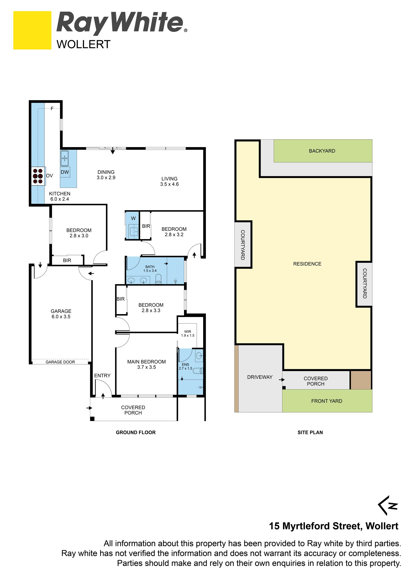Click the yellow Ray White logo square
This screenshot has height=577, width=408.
pos(32,30)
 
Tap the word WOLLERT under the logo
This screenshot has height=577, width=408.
pos(84,44)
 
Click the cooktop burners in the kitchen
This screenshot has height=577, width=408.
pos(38,176)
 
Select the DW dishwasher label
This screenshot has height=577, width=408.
pos(65,172)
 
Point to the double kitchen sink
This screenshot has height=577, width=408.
pos(65,158)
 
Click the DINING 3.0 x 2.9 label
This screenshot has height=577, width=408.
pos(106,175)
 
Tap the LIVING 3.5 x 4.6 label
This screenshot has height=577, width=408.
pos(170,181)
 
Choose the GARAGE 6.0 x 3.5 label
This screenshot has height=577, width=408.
pos(61,314)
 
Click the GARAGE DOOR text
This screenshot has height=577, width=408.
pos(60,362)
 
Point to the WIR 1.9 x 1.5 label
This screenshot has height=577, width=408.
pos(188,333)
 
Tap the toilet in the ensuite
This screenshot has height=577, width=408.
pos(201,370)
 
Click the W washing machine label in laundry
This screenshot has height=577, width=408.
pos(133,218)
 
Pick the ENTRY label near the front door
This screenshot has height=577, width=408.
pos(102,376)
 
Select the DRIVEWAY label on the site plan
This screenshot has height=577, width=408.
pos(260,377)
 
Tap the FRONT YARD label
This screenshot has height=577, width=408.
pos(327,401)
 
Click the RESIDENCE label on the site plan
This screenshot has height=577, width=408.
pos(307,264)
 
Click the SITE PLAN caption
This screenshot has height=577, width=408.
pos(310,432)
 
